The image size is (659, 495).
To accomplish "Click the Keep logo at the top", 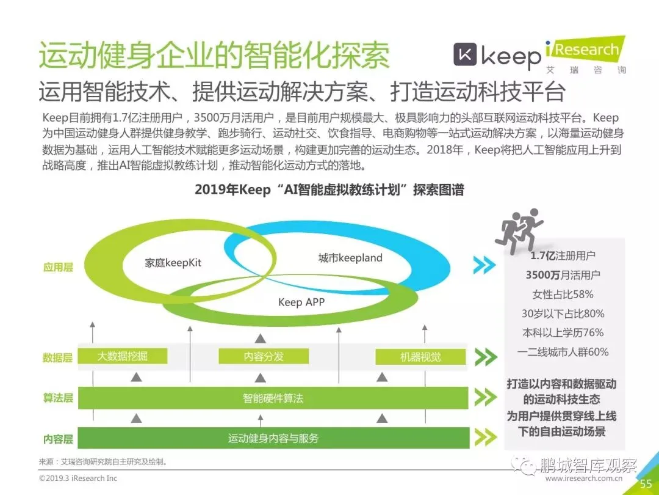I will coord(497,56).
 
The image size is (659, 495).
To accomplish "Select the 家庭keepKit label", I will coord(173,263).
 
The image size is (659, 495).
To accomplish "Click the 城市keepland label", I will coord(350,258).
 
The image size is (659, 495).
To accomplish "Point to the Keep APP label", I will coord(301,302).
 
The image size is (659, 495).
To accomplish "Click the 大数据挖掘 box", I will coord(123,357).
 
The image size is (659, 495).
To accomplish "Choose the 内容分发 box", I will coord(264,357).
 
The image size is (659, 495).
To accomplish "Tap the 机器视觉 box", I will coord(420,357).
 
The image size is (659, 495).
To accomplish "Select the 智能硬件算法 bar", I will coord(273,398).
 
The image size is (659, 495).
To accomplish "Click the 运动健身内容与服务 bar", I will coord(273,438).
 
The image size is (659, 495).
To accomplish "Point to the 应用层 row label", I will coord(57,267).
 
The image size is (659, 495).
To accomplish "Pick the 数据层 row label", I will coord(57,358).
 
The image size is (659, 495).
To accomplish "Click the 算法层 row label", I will coord(57,398).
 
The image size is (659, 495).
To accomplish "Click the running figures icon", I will coord(522,231).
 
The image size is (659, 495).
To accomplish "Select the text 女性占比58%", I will coord(562,294).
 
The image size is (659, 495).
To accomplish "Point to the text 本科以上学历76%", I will coord(562,332).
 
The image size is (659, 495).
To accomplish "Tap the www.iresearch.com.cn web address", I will coord(583,479).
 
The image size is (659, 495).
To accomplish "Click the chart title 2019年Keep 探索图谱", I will coord(329,189).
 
